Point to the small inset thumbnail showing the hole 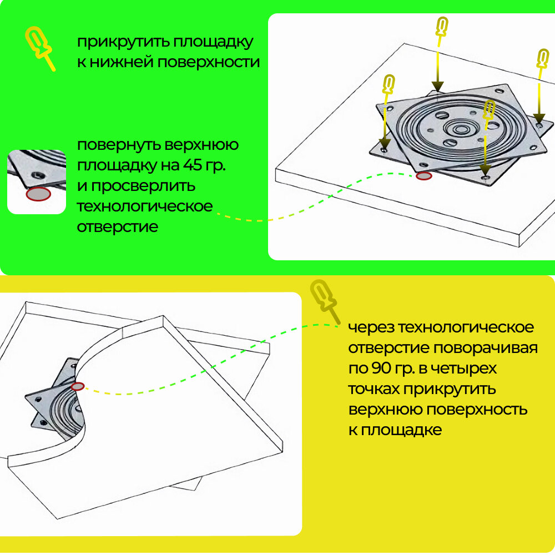[x=37, y=181]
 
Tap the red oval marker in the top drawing [x=424, y=176]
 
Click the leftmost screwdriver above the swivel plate [x=389, y=85]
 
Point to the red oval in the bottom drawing [x=78, y=386]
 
